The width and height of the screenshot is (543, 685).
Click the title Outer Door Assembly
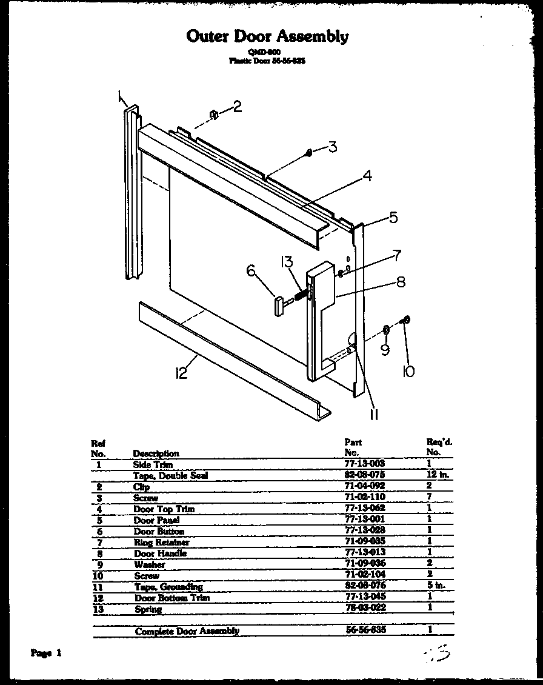pos(267,36)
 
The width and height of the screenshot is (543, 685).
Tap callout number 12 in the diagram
pos(181,373)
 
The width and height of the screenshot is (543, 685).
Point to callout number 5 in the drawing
pos(393,217)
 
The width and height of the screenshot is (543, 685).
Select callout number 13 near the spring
pos(287,262)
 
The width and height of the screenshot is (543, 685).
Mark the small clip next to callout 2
pos(214,114)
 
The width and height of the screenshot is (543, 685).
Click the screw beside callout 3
pos(309,153)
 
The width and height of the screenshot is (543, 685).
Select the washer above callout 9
pos(385,330)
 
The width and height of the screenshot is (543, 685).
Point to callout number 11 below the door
pos(374,414)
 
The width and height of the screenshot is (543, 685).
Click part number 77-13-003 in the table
pos(364,464)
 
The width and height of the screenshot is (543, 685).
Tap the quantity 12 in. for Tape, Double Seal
pos(438,475)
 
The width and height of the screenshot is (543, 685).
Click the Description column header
pos(156,453)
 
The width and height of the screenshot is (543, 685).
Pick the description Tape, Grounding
pos(168,587)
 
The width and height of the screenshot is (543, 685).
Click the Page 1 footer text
pos(46,653)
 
